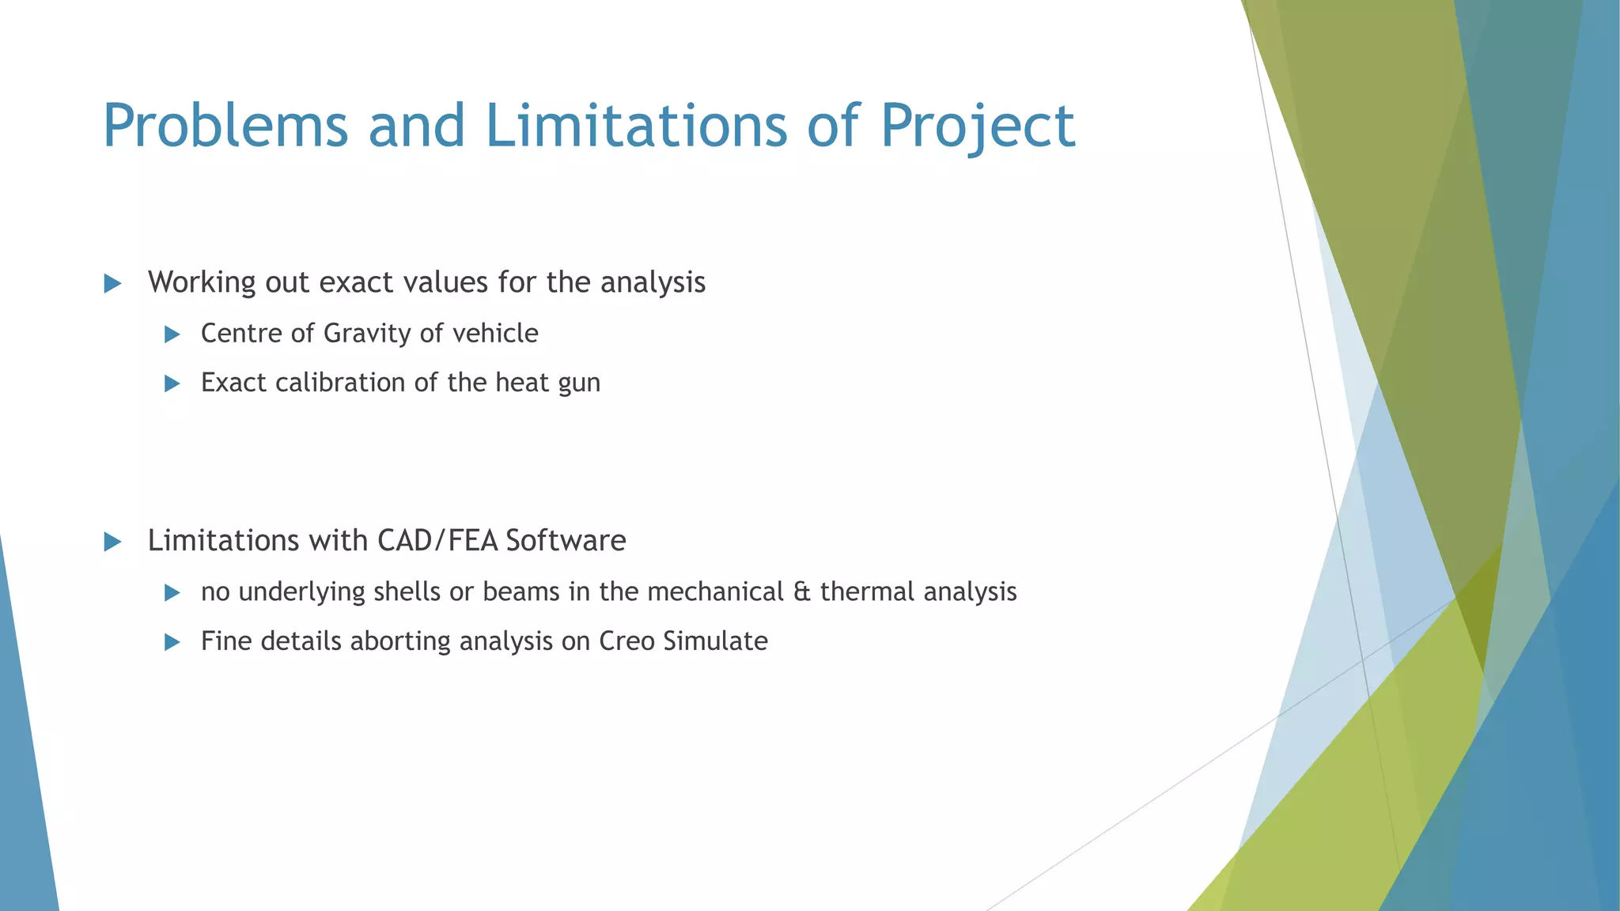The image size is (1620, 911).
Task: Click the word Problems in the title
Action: tap(225, 127)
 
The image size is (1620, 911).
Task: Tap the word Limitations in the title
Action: tap(636, 127)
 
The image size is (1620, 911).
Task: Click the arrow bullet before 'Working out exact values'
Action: tap(112, 284)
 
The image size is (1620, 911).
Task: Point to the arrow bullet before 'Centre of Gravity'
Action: tap(172, 335)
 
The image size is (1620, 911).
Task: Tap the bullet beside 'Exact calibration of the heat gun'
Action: tap(172, 384)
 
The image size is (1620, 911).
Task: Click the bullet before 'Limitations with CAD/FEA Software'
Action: tap(112, 542)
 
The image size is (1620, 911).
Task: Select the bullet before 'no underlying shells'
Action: tap(172, 592)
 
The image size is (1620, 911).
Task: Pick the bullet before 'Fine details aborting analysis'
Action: tap(172, 642)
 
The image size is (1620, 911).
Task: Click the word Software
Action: tap(566, 541)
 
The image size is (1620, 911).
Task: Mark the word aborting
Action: tap(400, 642)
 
